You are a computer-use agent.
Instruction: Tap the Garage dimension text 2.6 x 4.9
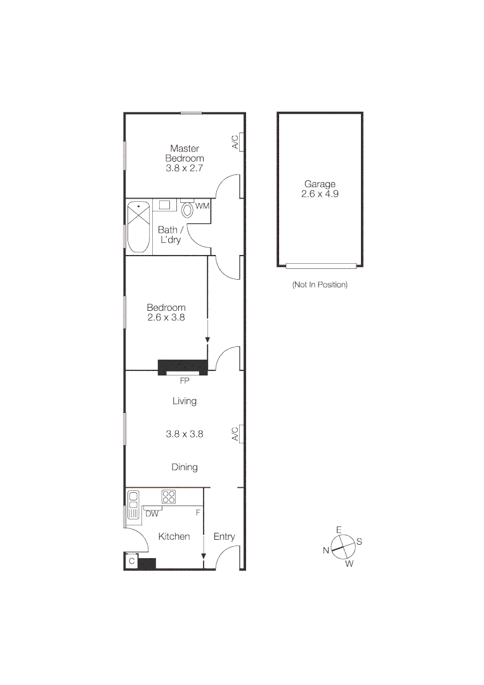click(x=320, y=194)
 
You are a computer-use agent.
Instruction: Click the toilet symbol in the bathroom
click(x=187, y=209)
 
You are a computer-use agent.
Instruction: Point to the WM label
click(x=202, y=206)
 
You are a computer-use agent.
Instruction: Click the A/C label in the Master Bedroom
click(x=235, y=141)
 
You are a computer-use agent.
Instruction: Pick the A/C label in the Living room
click(x=235, y=434)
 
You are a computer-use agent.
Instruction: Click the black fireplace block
click(x=183, y=367)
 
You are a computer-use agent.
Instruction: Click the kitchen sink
click(x=133, y=505)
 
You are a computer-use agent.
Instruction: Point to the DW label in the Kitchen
click(x=152, y=514)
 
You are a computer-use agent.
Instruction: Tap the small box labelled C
click(x=132, y=561)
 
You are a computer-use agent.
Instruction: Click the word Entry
click(x=224, y=537)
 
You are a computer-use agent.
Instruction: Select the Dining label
click(x=185, y=467)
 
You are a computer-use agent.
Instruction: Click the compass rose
click(x=342, y=545)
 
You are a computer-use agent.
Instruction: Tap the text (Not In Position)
click(x=320, y=285)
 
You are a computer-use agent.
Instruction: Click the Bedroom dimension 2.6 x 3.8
click(x=166, y=318)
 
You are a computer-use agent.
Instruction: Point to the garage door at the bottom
click(x=321, y=266)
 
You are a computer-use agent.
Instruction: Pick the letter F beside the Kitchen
click(x=198, y=511)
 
